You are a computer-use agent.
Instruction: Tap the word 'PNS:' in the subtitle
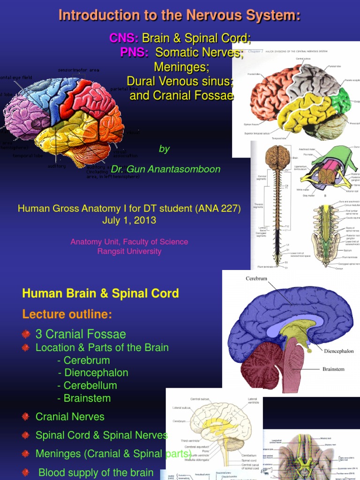pos(134,52)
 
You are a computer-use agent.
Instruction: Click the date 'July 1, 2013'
pos(129,220)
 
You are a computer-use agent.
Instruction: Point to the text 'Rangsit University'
pos(129,251)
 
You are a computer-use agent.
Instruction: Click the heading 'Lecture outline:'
pos(67,314)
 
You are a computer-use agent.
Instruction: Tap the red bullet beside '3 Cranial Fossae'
pos(26,334)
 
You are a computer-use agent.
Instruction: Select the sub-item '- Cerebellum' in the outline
pos(87,386)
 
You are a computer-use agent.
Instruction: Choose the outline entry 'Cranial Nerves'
pos(70,417)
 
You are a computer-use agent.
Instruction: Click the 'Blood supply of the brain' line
pos(96,472)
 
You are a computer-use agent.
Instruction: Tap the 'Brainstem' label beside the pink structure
pos(333,369)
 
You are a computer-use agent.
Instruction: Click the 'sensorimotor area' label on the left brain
pos(78,70)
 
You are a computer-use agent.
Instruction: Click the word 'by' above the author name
pos(164,149)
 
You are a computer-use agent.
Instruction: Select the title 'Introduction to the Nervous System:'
pos(180,15)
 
